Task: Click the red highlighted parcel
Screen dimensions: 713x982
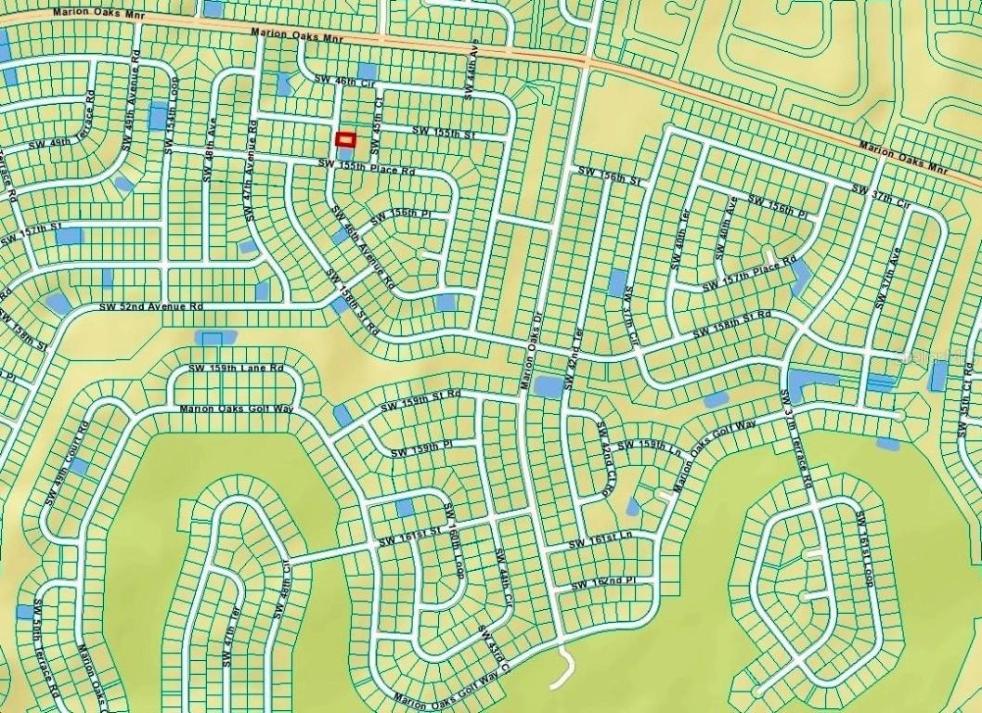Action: tap(345, 139)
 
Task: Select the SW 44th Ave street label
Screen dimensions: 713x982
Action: tap(472, 70)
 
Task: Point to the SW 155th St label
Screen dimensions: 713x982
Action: tap(444, 134)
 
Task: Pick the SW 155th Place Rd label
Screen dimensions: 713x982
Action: tap(365, 167)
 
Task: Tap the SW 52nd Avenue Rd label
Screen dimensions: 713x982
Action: tap(151, 306)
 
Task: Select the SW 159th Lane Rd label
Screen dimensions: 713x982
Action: tap(236, 369)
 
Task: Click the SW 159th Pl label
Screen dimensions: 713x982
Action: tap(420, 449)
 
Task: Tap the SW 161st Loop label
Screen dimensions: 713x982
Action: tap(864, 548)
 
